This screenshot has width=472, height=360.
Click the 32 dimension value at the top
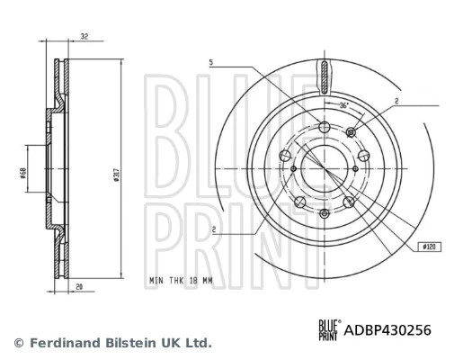click(x=85, y=37)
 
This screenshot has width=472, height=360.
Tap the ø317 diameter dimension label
click(x=117, y=175)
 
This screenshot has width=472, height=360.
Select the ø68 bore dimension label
click(x=22, y=173)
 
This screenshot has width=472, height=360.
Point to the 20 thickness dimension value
click(x=79, y=287)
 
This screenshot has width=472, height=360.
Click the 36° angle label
click(x=343, y=105)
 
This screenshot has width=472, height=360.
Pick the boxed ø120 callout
click(x=430, y=247)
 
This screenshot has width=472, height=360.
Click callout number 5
click(x=211, y=62)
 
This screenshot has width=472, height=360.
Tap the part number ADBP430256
click(x=387, y=330)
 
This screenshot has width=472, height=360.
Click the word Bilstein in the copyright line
click(x=131, y=343)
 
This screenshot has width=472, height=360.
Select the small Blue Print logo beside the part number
click(x=330, y=330)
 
